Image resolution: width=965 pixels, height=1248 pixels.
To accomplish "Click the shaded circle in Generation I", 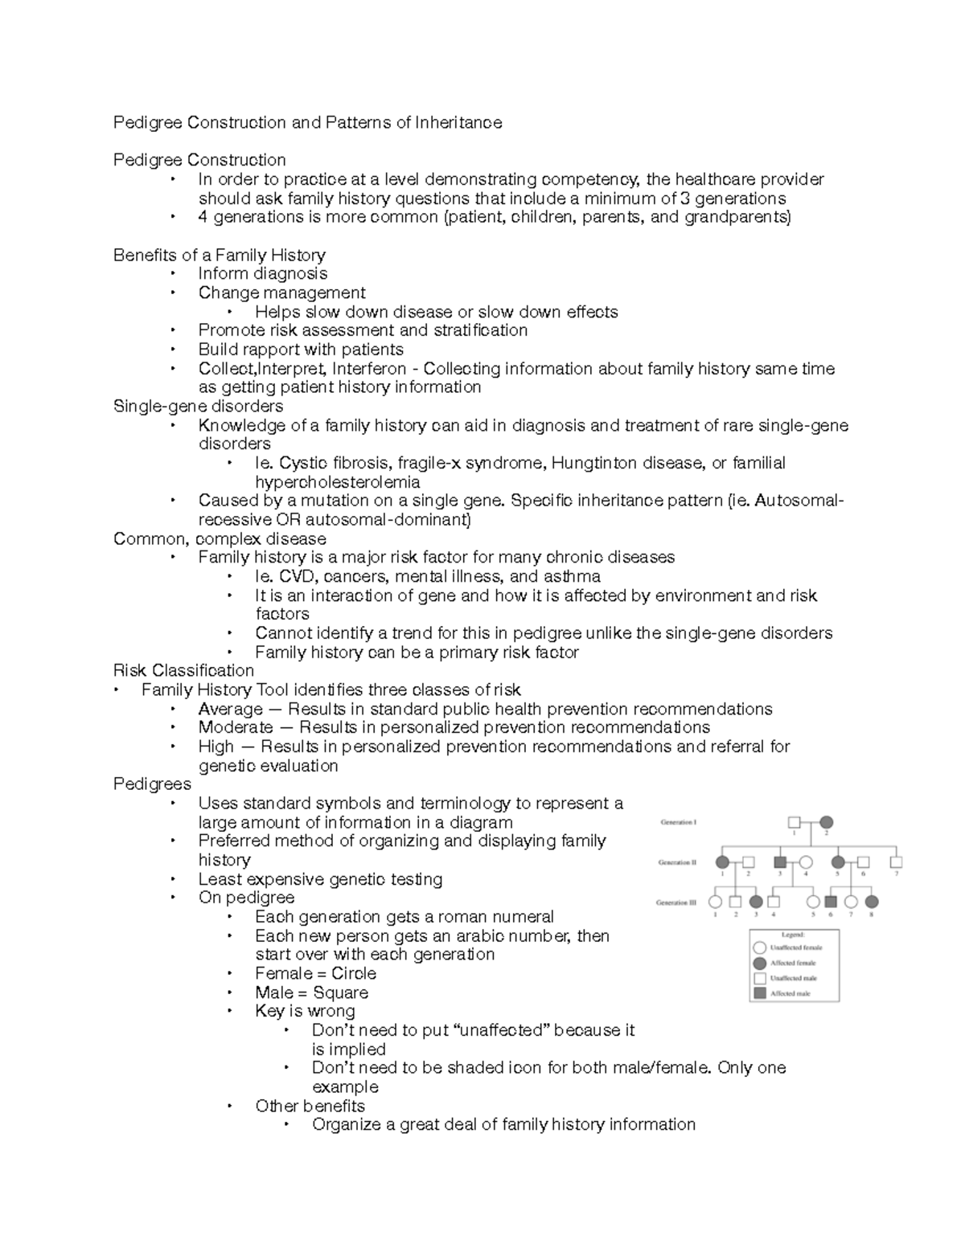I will pyautogui.click(x=826, y=822).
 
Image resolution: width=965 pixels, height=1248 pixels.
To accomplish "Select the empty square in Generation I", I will pyautogui.click(x=795, y=822).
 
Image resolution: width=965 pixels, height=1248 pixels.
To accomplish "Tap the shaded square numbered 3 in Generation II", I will pyautogui.click(x=779, y=862).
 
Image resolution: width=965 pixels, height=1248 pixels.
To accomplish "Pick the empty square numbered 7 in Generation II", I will pyautogui.click(x=896, y=862).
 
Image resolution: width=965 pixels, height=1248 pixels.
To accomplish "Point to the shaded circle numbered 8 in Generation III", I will pyautogui.click(x=871, y=902).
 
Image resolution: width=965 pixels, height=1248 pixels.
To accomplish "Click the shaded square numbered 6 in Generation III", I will pyautogui.click(x=832, y=902).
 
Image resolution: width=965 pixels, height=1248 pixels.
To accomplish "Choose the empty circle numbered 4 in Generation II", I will pyautogui.click(x=806, y=862).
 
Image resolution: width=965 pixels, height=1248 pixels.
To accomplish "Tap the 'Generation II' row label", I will pyautogui.click(x=678, y=862).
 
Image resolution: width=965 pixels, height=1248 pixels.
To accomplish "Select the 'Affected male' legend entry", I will pyautogui.click(x=790, y=994).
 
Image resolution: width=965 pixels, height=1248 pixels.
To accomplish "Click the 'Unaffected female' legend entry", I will pyautogui.click(x=795, y=947).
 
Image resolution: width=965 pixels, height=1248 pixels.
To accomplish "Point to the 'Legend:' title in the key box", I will pyautogui.click(x=793, y=935).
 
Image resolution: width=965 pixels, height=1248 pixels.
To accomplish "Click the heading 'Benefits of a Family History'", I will pyautogui.click(x=219, y=256).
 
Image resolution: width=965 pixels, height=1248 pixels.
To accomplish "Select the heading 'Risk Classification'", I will pyautogui.click(x=183, y=670).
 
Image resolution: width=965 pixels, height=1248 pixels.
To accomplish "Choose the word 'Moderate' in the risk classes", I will pyautogui.click(x=236, y=727).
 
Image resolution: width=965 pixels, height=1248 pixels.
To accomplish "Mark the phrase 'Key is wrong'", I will pyautogui.click(x=305, y=1011).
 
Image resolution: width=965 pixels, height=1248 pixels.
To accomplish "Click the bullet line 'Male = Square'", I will pyautogui.click(x=311, y=992).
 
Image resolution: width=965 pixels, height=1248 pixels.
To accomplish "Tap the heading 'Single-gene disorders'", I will pyautogui.click(x=198, y=406).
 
